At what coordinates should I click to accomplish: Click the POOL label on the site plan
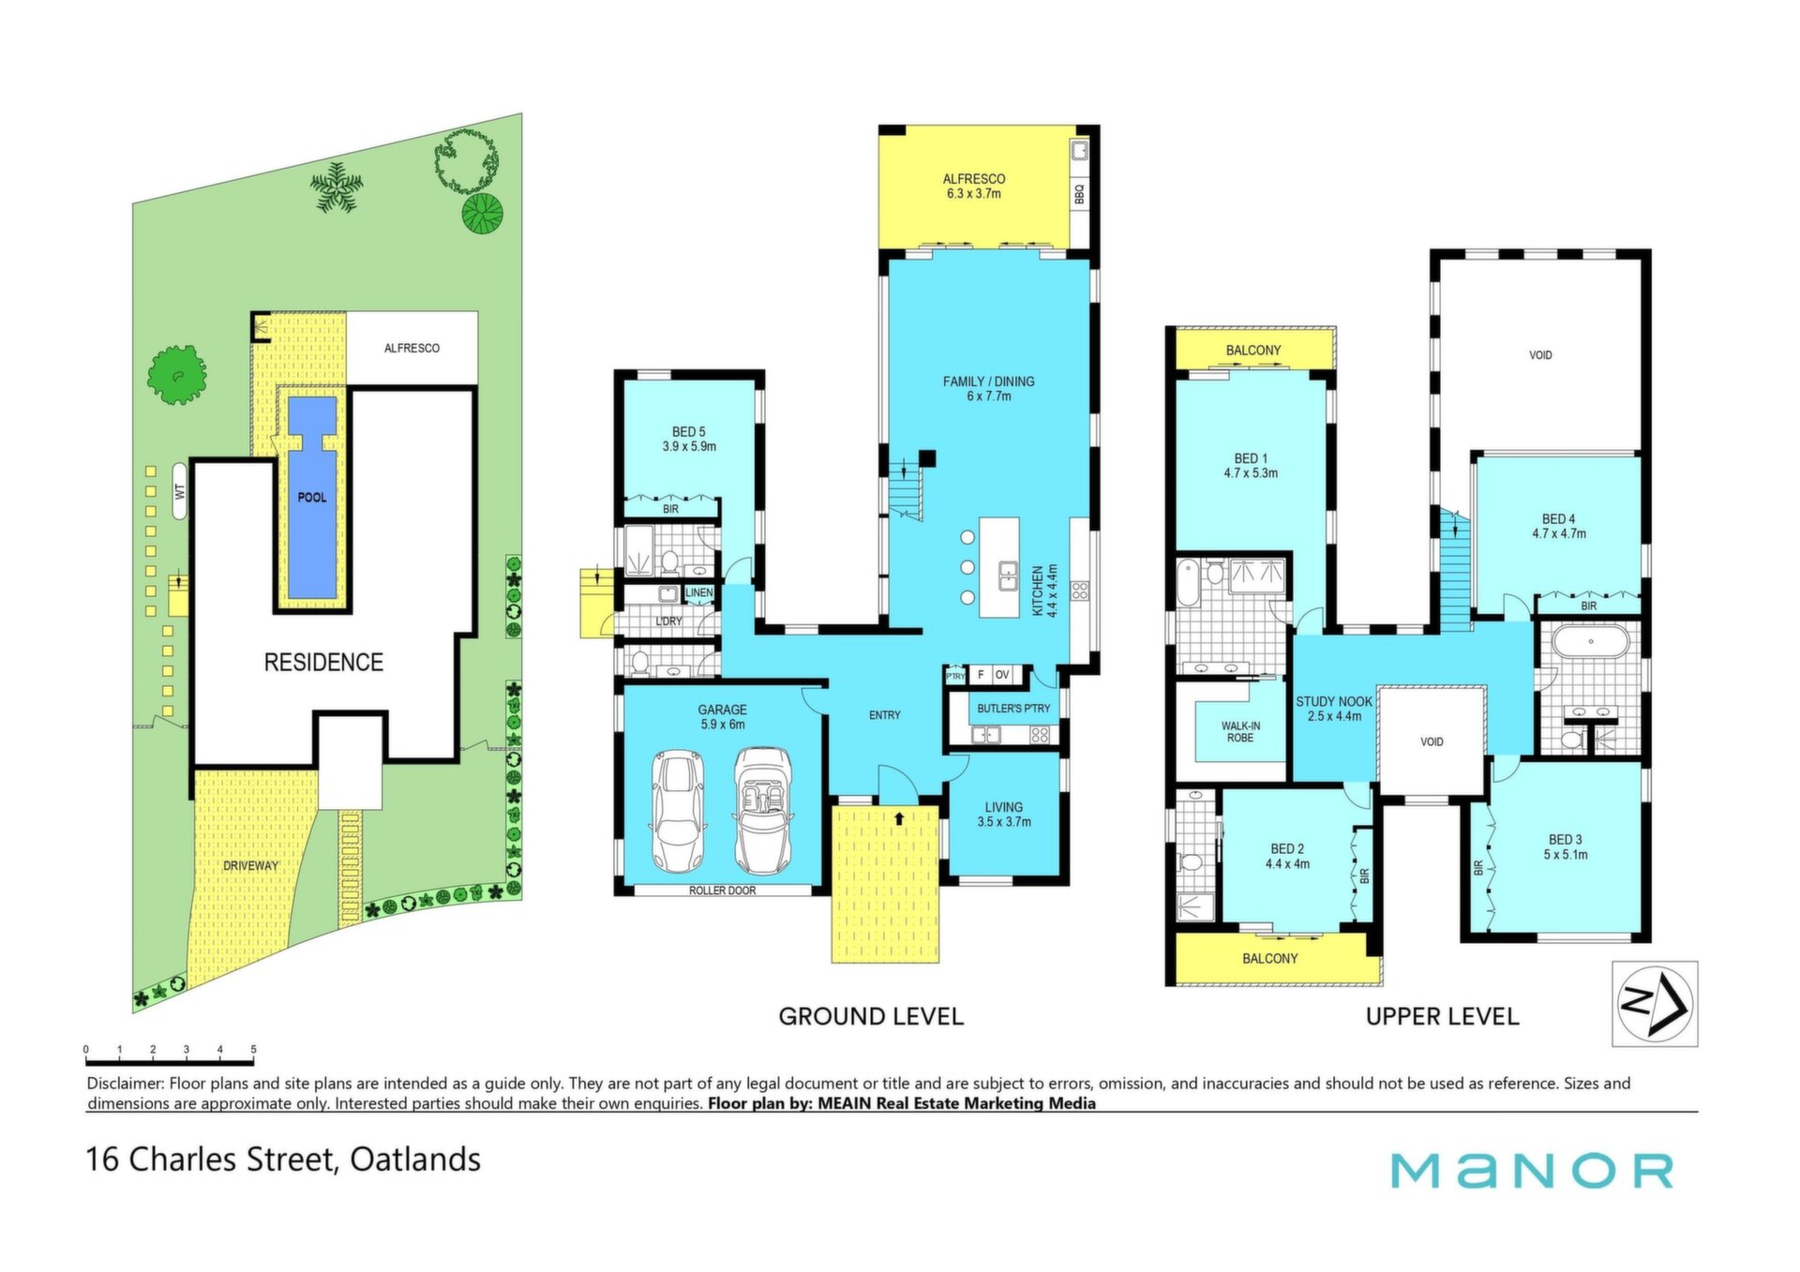[x=312, y=498]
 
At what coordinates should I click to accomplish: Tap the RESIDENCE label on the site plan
[x=323, y=663]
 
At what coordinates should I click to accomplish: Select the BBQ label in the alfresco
[x=1079, y=193]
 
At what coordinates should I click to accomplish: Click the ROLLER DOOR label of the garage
[x=722, y=890]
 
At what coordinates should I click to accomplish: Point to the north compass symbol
[x=1655, y=1004]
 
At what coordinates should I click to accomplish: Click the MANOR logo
[x=1532, y=1171]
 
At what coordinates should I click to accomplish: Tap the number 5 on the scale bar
[x=253, y=1050]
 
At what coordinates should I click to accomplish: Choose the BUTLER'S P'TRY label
[x=1013, y=709]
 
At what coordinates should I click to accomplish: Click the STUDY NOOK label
[x=1334, y=701]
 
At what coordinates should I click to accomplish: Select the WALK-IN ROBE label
[x=1240, y=732]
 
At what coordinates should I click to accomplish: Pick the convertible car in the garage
[x=761, y=811]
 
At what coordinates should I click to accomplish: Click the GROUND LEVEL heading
[x=871, y=1016]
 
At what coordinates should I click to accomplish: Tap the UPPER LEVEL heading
[x=1442, y=1016]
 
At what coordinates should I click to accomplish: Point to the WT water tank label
[x=180, y=490]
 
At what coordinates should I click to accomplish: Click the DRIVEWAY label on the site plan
[x=250, y=866]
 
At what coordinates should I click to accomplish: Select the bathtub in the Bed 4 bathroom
[x=1591, y=644]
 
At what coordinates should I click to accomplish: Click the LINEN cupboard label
[x=699, y=592]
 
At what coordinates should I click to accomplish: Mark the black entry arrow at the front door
[x=899, y=817]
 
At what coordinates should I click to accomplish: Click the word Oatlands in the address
[x=415, y=1160]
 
